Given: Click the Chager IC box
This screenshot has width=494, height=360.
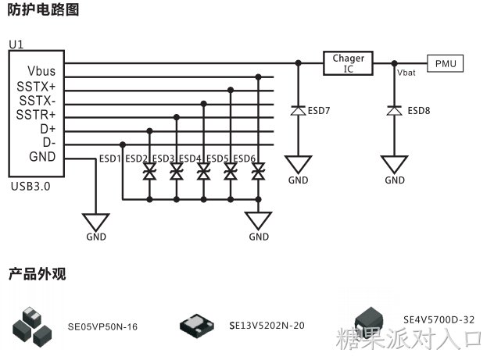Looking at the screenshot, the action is (348, 63).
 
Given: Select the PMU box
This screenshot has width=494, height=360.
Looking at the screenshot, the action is (446, 63).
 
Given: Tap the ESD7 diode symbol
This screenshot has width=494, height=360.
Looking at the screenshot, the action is (298, 111).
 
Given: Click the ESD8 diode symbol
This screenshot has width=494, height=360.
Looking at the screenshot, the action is (394, 111).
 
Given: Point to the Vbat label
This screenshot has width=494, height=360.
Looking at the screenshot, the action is (406, 73).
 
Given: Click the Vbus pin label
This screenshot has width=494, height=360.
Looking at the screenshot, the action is (41, 71).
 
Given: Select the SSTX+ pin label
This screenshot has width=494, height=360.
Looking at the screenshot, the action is (36, 86).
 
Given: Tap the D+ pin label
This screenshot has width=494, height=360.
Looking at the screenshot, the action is (48, 129).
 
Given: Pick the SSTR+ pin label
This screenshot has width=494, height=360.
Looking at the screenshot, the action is (36, 115).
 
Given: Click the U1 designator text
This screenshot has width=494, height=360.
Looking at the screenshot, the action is (16, 45).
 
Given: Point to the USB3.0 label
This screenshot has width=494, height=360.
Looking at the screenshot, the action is (30, 187).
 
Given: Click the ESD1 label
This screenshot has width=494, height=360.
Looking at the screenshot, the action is (110, 159).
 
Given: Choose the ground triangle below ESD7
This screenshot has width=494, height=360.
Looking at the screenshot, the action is (298, 164).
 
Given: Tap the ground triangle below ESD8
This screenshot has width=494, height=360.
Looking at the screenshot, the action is (394, 164).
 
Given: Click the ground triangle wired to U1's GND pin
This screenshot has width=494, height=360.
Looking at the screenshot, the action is (96, 222).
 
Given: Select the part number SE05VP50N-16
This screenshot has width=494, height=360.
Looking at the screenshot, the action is (102, 326).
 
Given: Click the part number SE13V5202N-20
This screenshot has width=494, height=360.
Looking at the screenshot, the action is (267, 326).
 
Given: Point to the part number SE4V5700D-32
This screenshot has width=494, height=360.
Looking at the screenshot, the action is (439, 319).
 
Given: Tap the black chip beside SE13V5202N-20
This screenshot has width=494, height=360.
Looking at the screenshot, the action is (197, 326).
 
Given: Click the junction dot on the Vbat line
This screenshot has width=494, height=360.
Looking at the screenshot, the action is (394, 63).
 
